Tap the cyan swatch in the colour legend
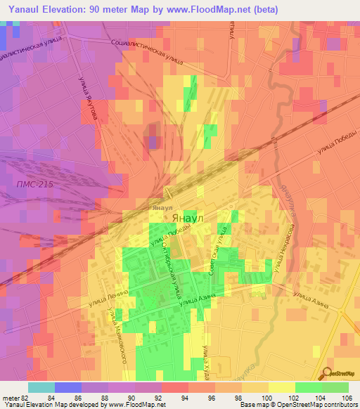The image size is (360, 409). (41, 387)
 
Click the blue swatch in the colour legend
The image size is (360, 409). (68, 387)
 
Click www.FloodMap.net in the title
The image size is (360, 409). (211, 10)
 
